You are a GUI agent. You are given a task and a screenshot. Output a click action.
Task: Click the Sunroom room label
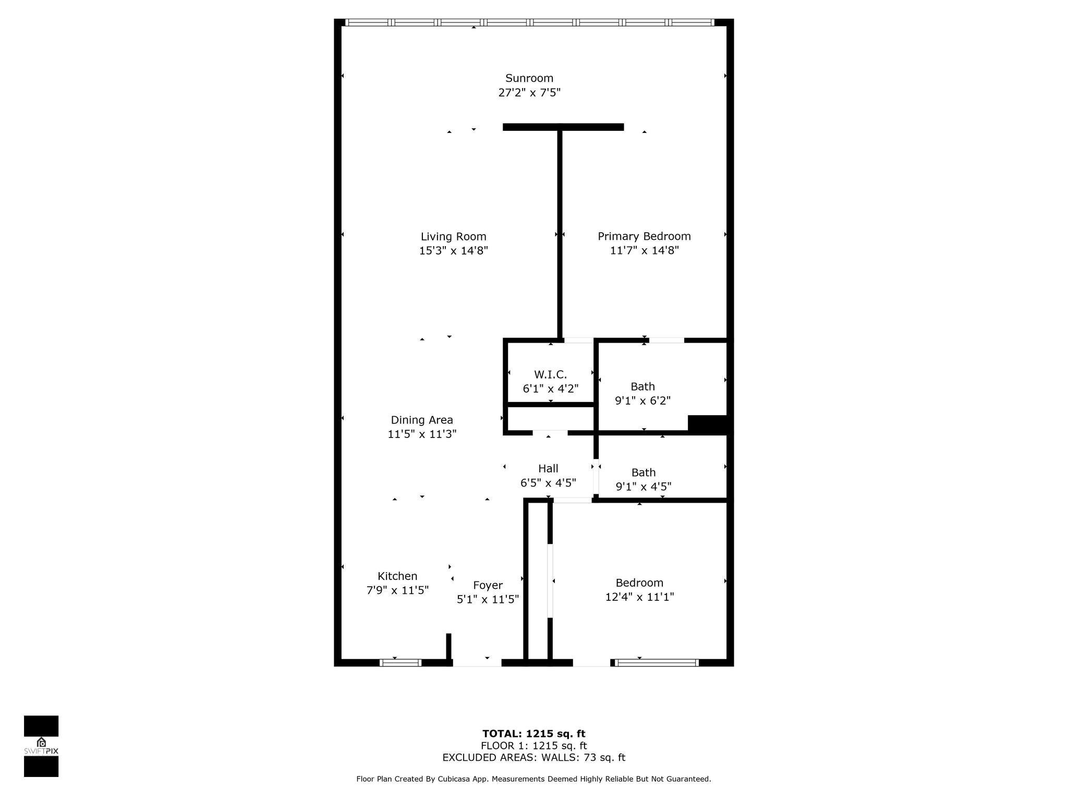[529, 78]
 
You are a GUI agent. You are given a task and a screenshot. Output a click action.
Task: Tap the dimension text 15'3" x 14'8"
[453, 251]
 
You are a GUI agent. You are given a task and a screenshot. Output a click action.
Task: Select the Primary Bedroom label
[644, 236]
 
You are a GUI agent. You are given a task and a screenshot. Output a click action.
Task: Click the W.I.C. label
[550, 374]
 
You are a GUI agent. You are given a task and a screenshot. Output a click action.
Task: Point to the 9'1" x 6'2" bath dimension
[642, 400]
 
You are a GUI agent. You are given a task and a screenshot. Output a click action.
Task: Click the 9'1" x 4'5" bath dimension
[643, 487]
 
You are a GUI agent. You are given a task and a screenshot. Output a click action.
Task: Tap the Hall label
[548, 468]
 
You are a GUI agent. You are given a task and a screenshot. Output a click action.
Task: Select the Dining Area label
[422, 420]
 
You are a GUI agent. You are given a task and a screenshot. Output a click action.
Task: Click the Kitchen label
[397, 576]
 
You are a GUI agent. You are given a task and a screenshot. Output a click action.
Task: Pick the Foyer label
[488, 585]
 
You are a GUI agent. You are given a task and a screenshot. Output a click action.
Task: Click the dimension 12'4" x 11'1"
[639, 597]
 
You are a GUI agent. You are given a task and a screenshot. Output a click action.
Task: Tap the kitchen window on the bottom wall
[400, 663]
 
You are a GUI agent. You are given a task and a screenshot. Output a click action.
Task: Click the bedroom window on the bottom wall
[656, 663]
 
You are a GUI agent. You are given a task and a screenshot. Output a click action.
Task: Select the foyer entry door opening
[477, 663]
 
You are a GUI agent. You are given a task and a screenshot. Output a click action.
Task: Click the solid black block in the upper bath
[708, 423]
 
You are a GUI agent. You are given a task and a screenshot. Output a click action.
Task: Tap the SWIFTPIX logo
[41, 746]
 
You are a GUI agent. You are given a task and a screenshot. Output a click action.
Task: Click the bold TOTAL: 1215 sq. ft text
[533, 734]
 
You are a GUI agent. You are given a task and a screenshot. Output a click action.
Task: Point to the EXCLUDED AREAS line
[533, 758]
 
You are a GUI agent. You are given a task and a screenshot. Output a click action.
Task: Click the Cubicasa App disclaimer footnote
[533, 779]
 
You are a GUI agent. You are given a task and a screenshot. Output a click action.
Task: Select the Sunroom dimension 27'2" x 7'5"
[529, 93]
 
